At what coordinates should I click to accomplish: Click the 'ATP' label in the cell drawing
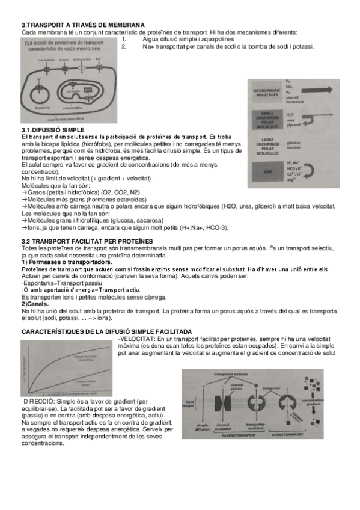click(88, 88)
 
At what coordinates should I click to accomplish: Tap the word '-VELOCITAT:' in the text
click(137, 340)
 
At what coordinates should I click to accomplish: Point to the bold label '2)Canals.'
click(36, 304)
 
